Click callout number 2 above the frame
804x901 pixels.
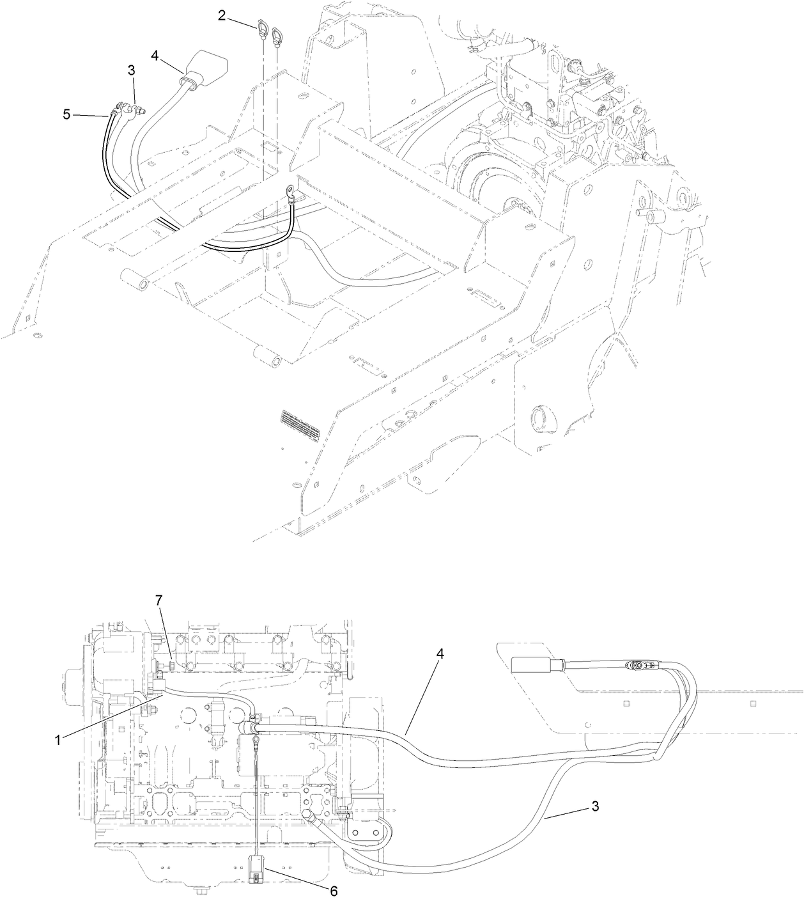(221, 15)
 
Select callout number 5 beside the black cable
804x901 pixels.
(66, 115)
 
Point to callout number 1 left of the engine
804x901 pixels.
(58, 739)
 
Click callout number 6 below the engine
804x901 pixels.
(332, 890)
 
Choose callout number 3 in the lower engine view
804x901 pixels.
(595, 806)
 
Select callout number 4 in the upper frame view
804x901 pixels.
(155, 55)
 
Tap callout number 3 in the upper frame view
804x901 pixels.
(132, 71)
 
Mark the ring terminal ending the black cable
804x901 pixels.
(291, 190)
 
